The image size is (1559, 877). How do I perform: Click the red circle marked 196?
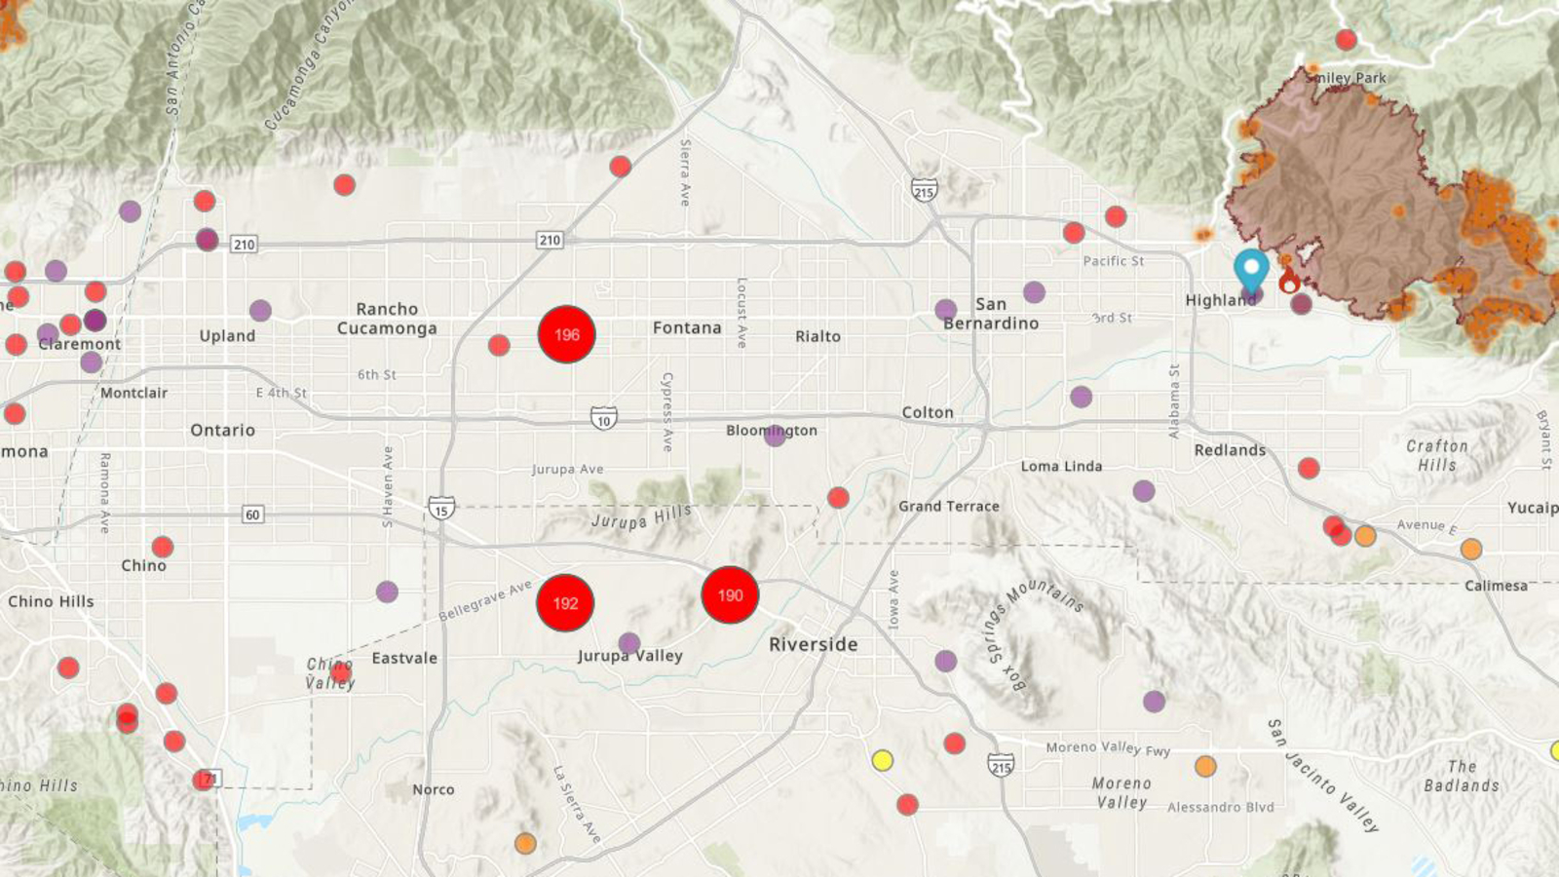point(566,334)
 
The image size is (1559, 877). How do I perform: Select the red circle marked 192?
point(565,603)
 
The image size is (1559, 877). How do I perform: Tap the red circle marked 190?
point(730,595)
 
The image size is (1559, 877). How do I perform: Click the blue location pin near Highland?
point(1251,269)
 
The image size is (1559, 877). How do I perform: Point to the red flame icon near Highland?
point(1289,282)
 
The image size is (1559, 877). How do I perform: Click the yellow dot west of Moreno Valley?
point(882,760)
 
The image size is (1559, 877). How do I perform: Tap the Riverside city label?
point(814,644)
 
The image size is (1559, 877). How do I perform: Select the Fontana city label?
point(687,328)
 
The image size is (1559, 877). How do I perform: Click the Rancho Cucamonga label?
point(387,319)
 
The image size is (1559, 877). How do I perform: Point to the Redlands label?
point(1230,450)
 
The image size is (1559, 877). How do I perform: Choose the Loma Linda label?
point(1061,467)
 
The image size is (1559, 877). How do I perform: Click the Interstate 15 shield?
point(441,509)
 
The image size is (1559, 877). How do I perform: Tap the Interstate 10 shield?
point(604,419)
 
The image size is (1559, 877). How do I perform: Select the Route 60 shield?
point(252,515)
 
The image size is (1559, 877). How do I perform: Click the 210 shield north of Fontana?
point(550,240)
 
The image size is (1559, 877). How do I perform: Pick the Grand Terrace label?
point(948,507)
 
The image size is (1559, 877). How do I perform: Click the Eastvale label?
point(404,659)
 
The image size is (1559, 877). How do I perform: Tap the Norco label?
point(433,789)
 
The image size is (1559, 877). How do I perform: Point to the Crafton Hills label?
point(1436,455)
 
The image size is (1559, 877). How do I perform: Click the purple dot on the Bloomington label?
point(775,435)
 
